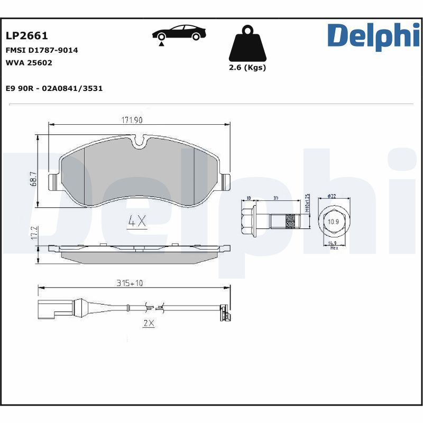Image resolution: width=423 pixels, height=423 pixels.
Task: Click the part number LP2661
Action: tap(26, 36)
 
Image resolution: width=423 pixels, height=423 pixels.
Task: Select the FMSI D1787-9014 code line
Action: tap(41, 50)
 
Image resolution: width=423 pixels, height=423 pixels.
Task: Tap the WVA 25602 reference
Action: tap(29, 62)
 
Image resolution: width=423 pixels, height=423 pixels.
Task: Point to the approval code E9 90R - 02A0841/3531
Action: tap(53, 88)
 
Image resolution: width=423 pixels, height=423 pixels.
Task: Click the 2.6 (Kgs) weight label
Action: tap(247, 68)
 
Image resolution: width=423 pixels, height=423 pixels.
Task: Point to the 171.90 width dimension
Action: tap(132, 120)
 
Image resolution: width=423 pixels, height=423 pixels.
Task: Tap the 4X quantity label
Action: tap(137, 222)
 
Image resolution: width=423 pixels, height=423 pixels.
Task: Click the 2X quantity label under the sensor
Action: tap(148, 324)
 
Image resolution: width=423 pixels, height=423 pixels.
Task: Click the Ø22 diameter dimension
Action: tap(332, 196)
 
